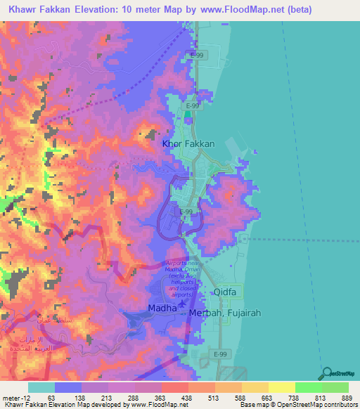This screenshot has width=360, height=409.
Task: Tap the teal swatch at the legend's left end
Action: tap(41, 387)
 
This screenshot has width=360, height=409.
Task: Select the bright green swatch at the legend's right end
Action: tap(335, 387)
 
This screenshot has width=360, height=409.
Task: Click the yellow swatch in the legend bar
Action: tap(281, 387)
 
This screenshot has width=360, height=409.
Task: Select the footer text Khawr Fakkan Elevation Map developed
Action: tap(63, 405)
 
